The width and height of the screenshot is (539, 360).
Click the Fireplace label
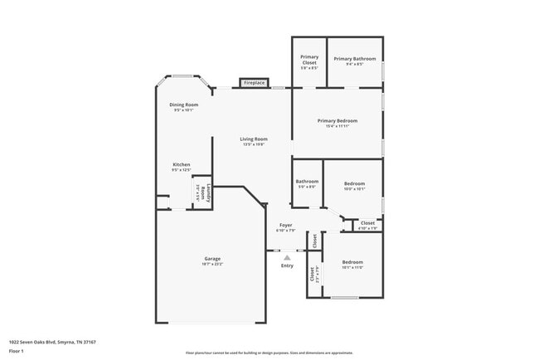254,83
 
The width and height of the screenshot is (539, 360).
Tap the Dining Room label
183,105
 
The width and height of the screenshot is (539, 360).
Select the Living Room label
254,139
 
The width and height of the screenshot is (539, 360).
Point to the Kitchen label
182,164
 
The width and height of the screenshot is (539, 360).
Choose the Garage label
212,259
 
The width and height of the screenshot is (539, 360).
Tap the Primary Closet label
309,59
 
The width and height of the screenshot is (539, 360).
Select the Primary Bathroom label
355,59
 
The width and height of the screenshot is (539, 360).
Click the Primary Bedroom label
337,120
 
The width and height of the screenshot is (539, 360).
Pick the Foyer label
285,225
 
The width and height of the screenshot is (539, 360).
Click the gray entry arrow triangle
287,258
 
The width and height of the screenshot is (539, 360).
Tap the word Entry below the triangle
287,266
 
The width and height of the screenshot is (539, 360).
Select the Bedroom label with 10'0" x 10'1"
354,183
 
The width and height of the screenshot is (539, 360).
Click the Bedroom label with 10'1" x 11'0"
352,262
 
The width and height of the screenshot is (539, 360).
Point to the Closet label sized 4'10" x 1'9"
368,222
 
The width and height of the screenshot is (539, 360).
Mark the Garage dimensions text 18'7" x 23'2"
212,265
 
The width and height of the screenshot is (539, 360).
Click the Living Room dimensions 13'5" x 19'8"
254,144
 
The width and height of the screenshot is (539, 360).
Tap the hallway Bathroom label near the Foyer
307,181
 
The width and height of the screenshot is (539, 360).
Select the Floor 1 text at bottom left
17,351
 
